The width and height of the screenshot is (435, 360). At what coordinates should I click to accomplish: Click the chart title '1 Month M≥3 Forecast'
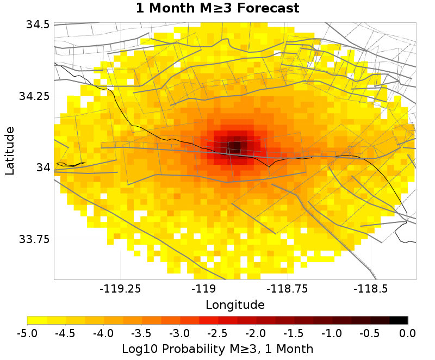point(217,8)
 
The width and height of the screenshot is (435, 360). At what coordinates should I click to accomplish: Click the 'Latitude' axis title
point(10,151)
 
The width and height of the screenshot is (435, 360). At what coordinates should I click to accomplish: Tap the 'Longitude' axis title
point(235,305)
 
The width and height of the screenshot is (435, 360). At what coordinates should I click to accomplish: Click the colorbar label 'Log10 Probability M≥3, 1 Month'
point(217,348)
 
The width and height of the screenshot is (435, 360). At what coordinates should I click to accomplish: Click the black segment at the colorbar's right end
point(399,320)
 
